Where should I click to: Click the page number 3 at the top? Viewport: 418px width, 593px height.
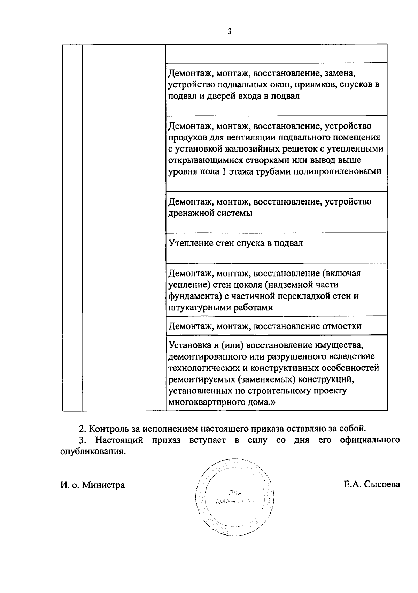(229, 32)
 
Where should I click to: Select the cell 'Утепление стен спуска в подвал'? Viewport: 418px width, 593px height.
(236, 243)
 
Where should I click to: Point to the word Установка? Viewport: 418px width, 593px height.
(190, 345)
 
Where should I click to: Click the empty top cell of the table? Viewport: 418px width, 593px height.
(276, 53)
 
